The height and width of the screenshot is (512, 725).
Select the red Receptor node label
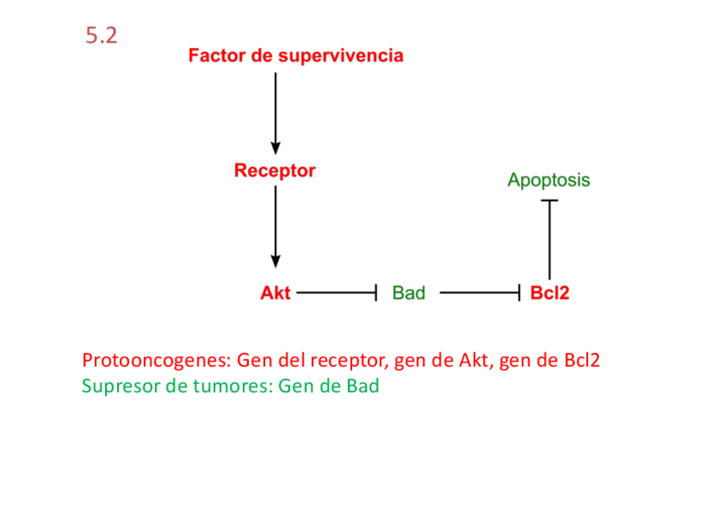(x=274, y=171)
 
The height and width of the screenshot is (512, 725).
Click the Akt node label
(x=275, y=293)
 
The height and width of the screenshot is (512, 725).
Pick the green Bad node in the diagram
(x=409, y=293)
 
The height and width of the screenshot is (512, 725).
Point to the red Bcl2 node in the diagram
(x=550, y=293)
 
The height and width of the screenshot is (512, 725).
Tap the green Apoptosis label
(x=548, y=180)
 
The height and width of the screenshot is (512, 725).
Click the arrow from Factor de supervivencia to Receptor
(x=275, y=111)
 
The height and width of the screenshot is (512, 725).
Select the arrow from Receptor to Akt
(x=275, y=227)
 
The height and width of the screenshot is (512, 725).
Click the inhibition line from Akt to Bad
(x=336, y=293)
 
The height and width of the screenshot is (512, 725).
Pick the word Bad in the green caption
(x=362, y=385)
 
